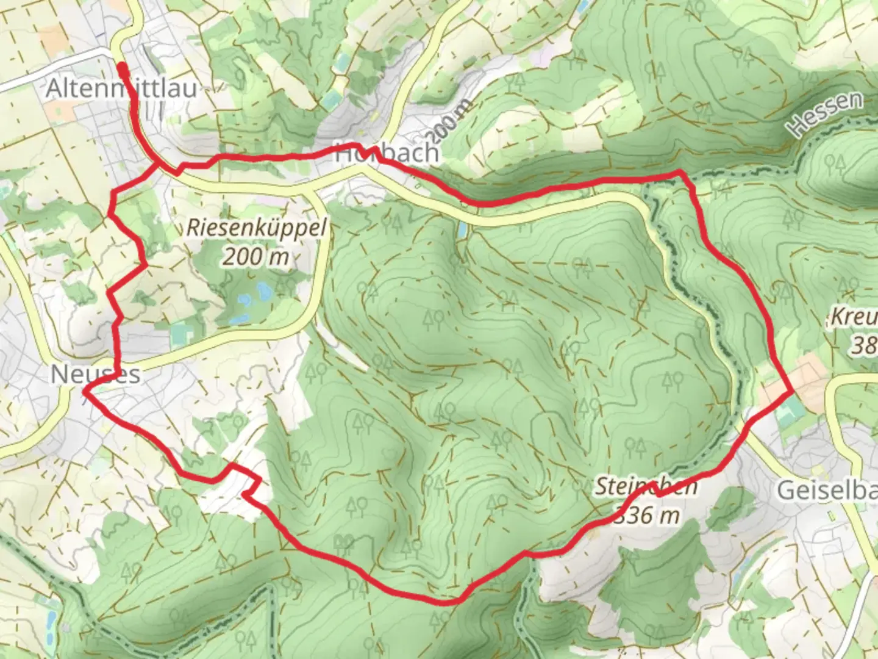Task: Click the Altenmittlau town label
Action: [x=121, y=88]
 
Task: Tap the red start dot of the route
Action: [x=121, y=66]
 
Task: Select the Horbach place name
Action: [x=387, y=153]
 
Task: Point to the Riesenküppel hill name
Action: [x=256, y=228]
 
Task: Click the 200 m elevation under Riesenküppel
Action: [x=255, y=257]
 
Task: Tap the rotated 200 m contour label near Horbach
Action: [x=451, y=121]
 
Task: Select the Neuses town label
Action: [x=95, y=374]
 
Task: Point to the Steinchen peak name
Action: [x=646, y=487]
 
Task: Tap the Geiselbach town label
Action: [x=827, y=490]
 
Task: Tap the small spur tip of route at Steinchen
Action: [x=652, y=483]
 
